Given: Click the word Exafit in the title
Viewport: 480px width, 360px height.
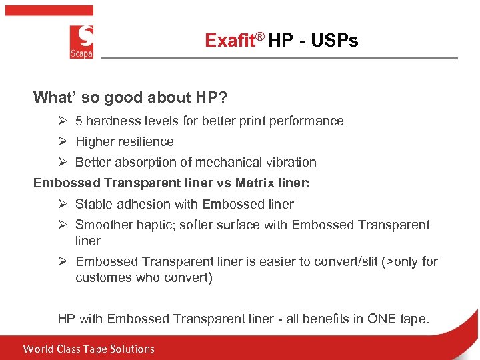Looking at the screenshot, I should pos(230,41).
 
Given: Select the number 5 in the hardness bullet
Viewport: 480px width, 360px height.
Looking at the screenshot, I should pos(79,121).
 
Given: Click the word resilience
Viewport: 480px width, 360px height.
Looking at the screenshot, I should pos(143,141).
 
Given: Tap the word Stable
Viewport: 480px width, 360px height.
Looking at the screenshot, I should pos(94,204).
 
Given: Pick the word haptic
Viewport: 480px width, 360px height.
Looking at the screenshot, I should pos(153,225).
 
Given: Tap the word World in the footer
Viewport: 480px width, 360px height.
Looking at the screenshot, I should pos(38,349).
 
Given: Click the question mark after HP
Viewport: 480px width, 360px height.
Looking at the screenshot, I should pos(223,98).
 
